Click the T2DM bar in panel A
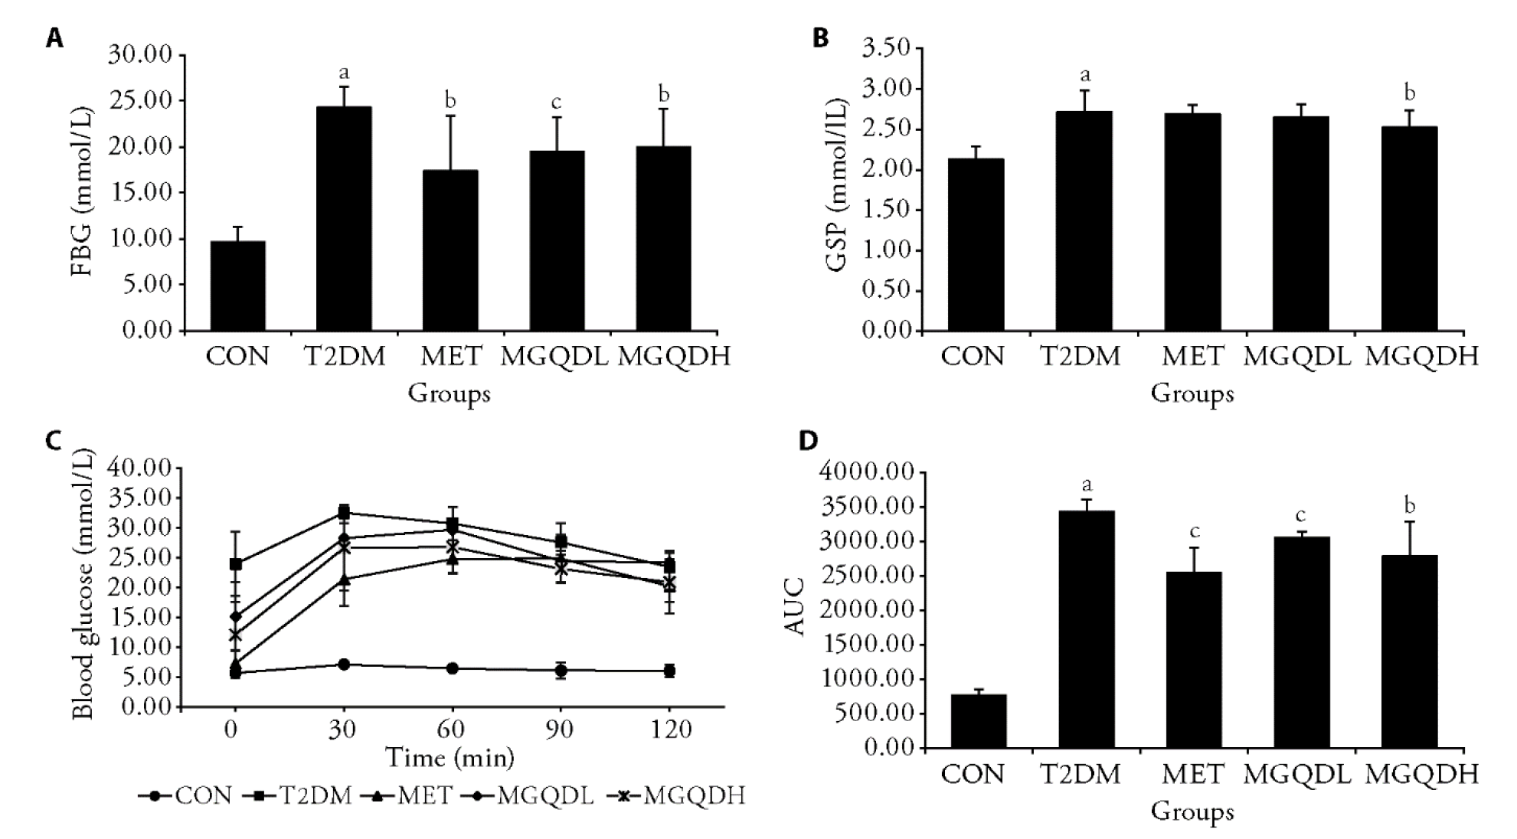pyautogui.click(x=344, y=219)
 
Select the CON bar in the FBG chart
pyautogui.click(x=238, y=286)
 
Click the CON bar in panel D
pyautogui.click(x=979, y=720)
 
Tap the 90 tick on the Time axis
pyautogui.click(x=561, y=730)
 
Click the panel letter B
pyautogui.click(x=820, y=38)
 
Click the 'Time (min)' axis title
pyautogui.click(x=450, y=758)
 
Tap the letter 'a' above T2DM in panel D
pyautogui.click(x=1086, y=485)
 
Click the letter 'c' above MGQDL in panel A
pyautogui.click(x=557, y=103)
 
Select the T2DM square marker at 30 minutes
pyautogui.click(x=344, y=511)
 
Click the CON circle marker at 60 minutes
pyautogui.click(x=453, y=668)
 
